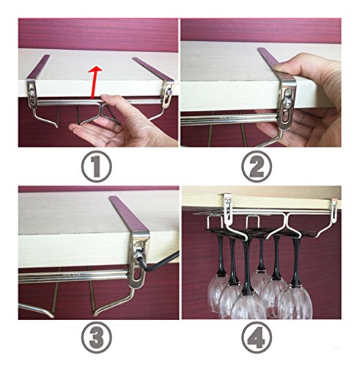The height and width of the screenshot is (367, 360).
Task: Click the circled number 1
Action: [96, 166]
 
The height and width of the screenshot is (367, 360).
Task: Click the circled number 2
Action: [257, 166]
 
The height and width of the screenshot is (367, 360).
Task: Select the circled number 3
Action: [96, 338]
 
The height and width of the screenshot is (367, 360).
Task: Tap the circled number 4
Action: [257, 338]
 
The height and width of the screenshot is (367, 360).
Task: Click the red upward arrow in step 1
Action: [95, 82]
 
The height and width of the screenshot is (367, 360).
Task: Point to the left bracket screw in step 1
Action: [31, 93]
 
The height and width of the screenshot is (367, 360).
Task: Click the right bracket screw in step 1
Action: [168, 93]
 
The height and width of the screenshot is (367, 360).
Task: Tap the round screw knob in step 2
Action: [287, 101]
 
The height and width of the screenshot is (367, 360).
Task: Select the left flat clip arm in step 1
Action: [38, 67]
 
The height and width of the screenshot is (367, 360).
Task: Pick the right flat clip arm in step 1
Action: [153, 69]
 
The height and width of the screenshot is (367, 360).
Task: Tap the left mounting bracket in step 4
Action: [228, 206]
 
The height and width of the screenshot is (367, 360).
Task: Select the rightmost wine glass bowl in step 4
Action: [295, 302]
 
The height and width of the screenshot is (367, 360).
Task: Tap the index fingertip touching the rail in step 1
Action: [105, 98]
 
